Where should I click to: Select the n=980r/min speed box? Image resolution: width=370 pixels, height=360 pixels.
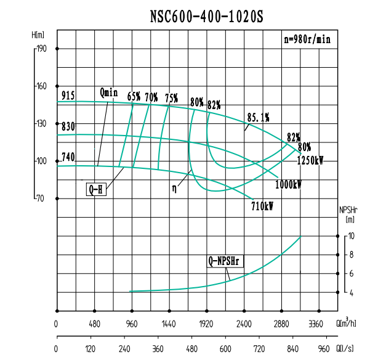pos(307,39)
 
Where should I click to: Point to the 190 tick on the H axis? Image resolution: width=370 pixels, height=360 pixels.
pos(41,49)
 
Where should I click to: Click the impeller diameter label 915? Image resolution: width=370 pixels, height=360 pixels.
pos(68,95)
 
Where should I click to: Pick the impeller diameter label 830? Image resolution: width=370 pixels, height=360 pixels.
pos(68,126)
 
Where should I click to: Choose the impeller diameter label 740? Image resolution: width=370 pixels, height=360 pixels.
pos(68,157)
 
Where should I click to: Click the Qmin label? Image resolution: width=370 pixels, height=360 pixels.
pos(108,92)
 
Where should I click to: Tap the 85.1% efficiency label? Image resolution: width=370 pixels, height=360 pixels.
pos(258,117)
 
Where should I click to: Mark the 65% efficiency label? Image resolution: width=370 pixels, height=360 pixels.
pos(134,97)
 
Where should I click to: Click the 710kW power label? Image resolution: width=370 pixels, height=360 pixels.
pos(262,207)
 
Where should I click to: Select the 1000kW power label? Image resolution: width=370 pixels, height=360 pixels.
pos(288,184)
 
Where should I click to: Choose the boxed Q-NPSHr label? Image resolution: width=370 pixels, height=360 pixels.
pos(226,261)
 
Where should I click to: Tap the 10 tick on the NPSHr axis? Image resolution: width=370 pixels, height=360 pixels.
pos(351,236)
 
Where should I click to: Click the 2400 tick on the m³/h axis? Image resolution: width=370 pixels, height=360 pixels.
pos(244,323)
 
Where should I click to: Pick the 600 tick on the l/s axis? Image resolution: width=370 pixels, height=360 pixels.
pos(225,349)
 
